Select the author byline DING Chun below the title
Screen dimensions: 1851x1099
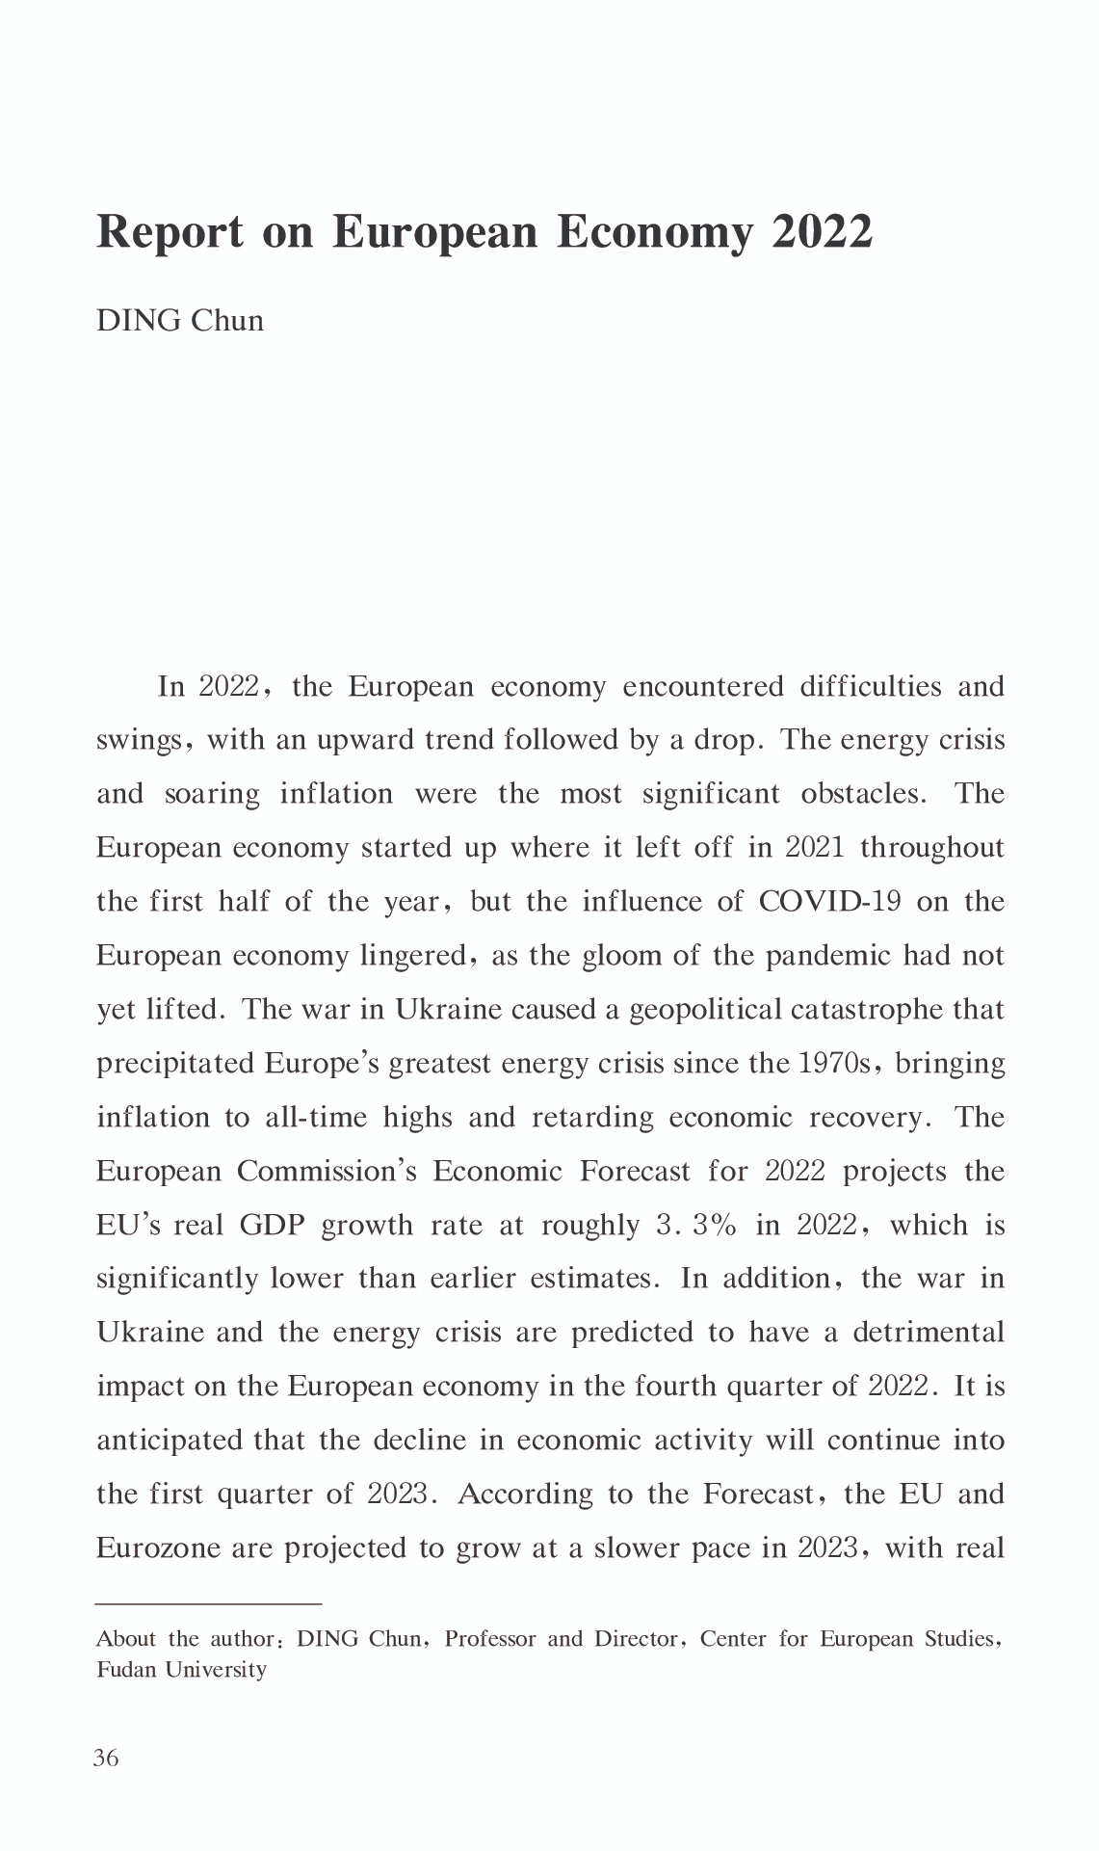[x=180, y=321]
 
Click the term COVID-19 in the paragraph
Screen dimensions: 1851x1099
[x=829, y=902]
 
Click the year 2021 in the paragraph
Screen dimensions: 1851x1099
[x=815, y=848]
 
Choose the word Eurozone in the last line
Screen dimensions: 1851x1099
[x=156, y=1548]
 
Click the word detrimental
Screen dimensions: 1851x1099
[x=929, y=1333]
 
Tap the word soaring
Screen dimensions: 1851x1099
[x=212, y=794]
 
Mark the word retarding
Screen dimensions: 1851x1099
[x=592, y=1118]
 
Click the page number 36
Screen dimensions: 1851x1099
[x=106, y=1758]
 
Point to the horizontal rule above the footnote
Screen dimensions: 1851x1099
[x=208, y=1603]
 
